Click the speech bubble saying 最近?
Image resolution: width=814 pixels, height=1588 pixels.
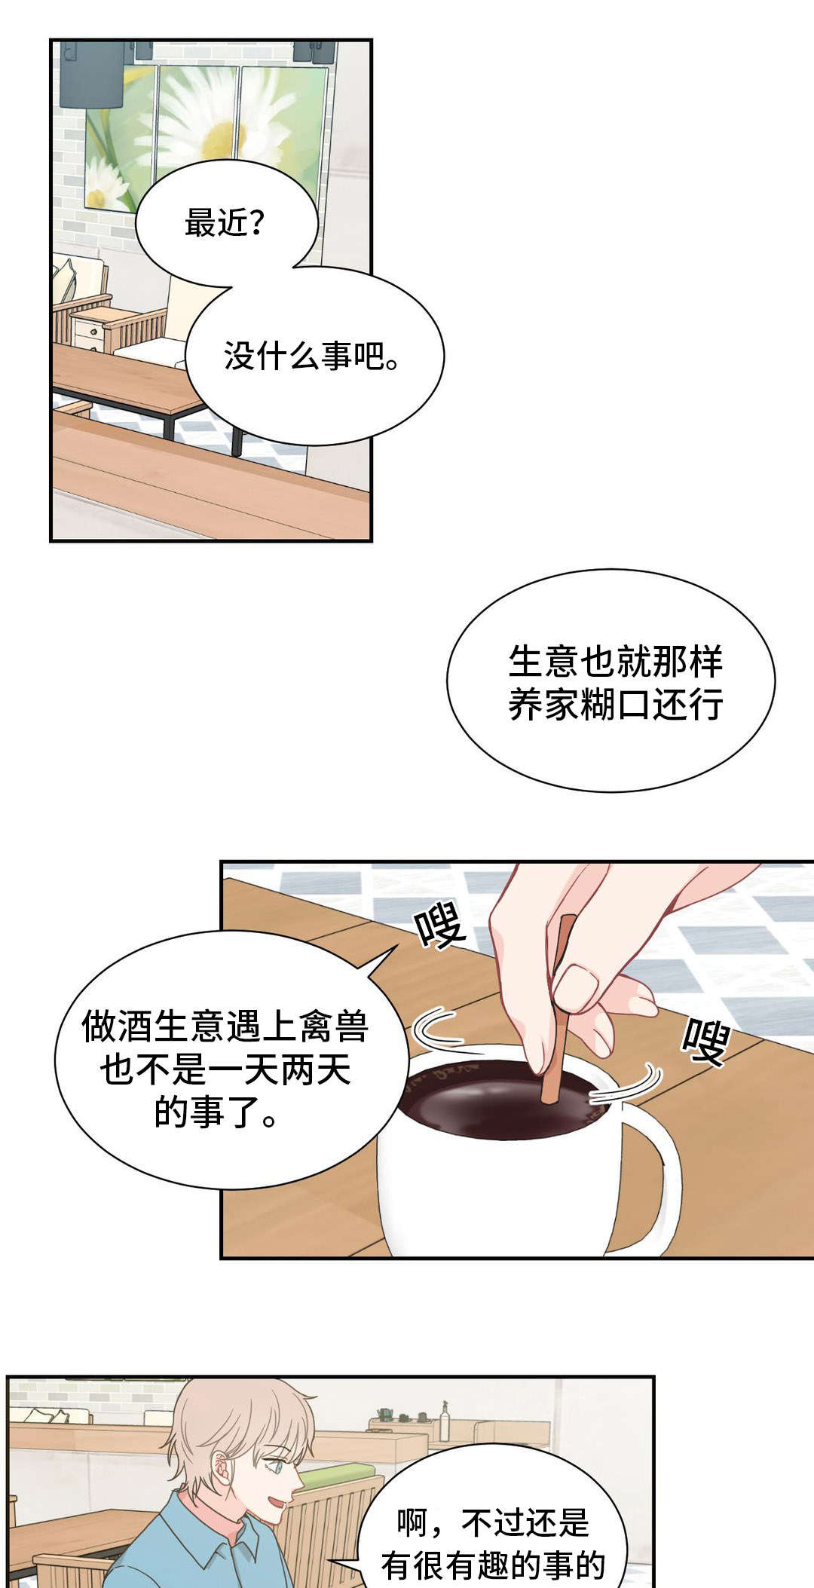coord(226,223)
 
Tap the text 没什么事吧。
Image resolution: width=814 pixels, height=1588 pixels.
coord(312,356)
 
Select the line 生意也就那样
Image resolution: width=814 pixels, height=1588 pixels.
coord(615,662)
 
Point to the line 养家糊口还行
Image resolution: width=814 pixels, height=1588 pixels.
coord(615,705)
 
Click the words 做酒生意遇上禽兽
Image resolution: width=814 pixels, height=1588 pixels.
coord(225,1027)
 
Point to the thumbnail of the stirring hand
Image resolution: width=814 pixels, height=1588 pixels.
coord(577,988)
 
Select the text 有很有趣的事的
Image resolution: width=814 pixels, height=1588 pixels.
coord(494,1565)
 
